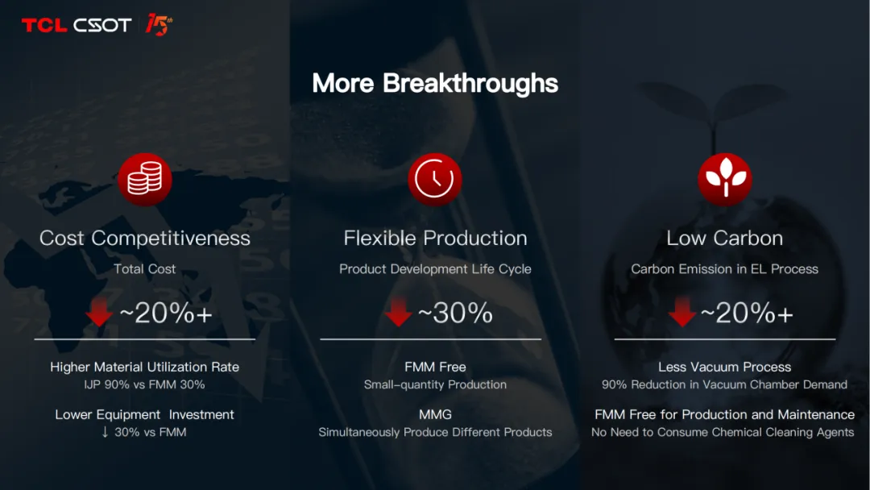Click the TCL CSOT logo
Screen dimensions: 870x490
(x=76, y=25)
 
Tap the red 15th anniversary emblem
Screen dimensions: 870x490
(x=159, y=25)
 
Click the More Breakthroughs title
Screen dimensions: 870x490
(x=435, y=83)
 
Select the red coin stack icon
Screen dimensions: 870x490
(x=145, y=179)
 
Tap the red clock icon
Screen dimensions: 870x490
(x=434, y=179)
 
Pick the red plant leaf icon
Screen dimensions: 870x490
(x=725, y=179)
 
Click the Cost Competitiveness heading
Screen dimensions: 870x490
(x=145, y=238)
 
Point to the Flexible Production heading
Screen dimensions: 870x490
(x=435, y=238)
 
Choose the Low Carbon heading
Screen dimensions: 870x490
(x=725, y=238)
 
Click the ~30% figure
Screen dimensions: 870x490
(x=455, y=313)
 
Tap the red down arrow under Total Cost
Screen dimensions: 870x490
(x=99, y=311)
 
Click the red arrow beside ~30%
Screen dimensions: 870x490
(x=398, y=311)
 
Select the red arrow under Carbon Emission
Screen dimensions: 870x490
(x=682, y=311)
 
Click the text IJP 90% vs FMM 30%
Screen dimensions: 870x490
(x=145, y=384)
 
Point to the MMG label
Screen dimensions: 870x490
(x=435, y=414)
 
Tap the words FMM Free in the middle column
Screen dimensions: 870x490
(x=435, y=367)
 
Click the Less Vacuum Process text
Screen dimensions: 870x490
(x=725, y=367)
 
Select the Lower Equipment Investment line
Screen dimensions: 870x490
(x=145, y=414)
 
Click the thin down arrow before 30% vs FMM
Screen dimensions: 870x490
(x=105, y=432)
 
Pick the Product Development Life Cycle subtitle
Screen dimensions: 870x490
(x=435, y=269)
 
